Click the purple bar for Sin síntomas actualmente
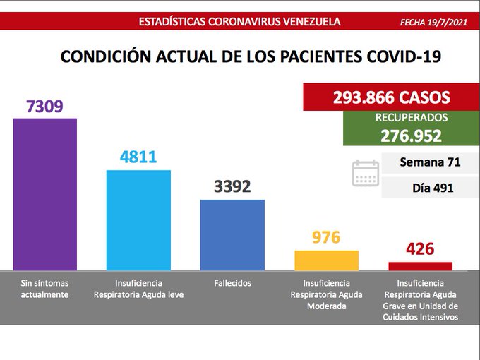(44, 193)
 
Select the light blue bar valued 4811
(138, 220)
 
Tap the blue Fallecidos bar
(232, 234)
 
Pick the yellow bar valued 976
(326, 260)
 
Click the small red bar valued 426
(420, 266)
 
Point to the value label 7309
(44, 107)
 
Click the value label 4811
(138, 157)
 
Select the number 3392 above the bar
(232, 187)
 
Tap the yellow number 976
(326, 237)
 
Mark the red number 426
(420, 249)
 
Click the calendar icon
(366, 173)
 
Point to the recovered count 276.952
(411, 136)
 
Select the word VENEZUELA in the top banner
(306, 21)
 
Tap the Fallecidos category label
(232, 283)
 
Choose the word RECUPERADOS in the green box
(411, 118)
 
